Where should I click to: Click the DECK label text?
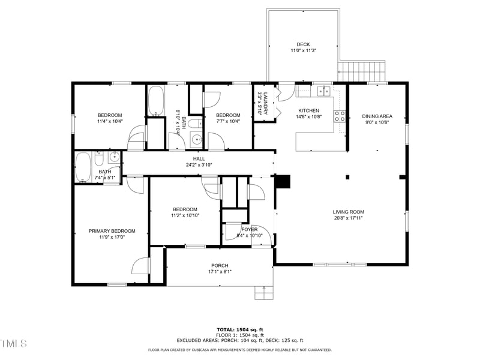tap(303, 44)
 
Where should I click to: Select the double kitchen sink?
tap(323, 91)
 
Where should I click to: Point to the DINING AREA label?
tap(377, 116)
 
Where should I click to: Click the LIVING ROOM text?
tap(349, 212)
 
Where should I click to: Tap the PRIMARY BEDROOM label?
tap(112, 231)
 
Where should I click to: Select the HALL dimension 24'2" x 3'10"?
tap(199, 165)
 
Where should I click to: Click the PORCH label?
tap(219, 266)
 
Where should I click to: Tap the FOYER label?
tap(250, 229)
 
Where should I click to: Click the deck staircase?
tap(362, 71)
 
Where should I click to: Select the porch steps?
tap(263, 292)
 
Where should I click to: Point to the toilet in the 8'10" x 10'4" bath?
tap(193, 124)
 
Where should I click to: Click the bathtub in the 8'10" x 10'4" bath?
tap(155, 101)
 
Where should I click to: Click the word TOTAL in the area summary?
tap(226, 329)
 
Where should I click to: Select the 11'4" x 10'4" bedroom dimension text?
tap(110, 122)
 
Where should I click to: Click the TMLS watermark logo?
tap(13, 343)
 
